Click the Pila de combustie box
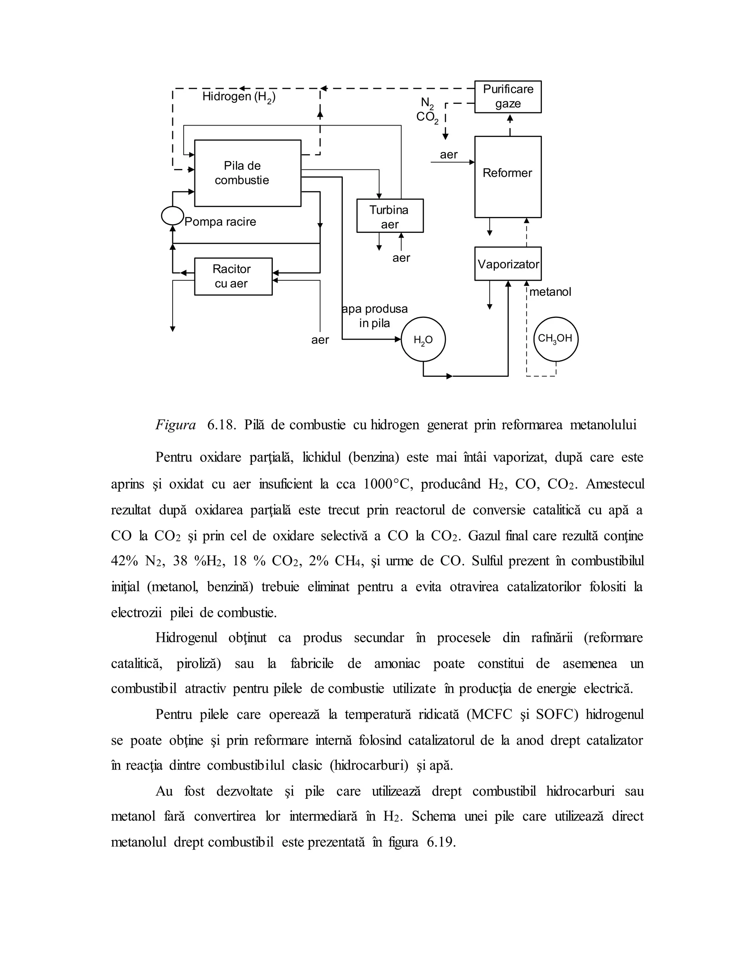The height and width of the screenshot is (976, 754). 247,173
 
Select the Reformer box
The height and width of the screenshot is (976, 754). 507,176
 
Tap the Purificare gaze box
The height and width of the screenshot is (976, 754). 507,96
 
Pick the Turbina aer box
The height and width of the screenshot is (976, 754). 390,216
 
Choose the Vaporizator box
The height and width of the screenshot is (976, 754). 507,264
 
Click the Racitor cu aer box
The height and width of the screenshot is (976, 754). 233,276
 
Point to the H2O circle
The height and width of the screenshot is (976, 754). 423,340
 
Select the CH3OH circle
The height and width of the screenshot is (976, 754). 556,339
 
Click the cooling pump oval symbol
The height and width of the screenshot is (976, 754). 172,216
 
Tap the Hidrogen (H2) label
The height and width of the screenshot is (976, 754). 239,97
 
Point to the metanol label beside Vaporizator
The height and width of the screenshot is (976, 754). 550,292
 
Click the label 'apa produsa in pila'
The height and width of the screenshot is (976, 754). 374,316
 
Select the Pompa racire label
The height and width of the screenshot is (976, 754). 220,222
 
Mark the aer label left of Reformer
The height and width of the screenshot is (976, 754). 448,155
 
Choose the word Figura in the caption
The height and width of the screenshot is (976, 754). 176,425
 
